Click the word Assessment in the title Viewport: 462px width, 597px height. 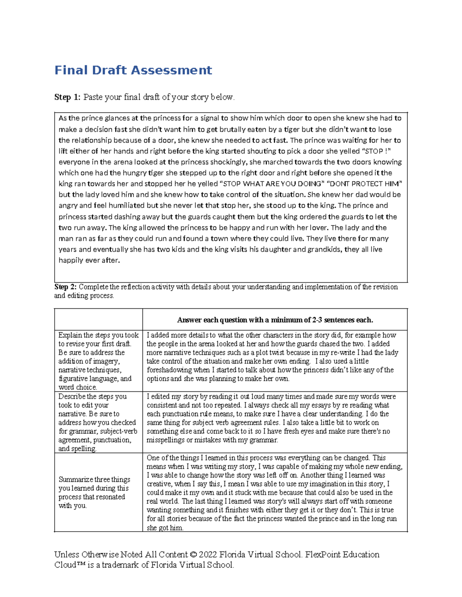171,70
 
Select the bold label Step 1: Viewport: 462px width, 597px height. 67,97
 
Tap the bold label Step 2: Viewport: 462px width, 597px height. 66,287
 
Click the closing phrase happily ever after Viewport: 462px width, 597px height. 89,260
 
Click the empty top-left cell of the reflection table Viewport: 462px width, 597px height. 98,319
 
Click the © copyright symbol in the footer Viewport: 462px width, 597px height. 193,555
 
